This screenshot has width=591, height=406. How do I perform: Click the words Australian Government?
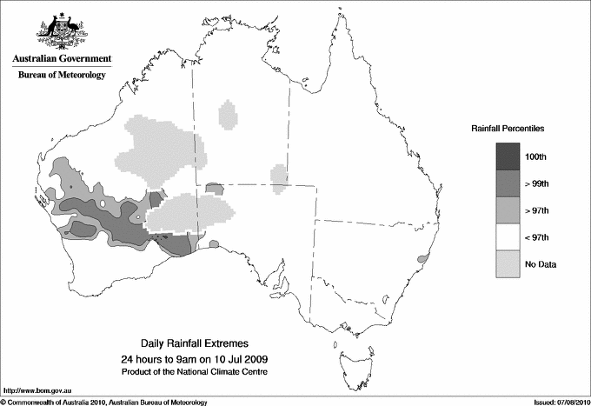[61, 59]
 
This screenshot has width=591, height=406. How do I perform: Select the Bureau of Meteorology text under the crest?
[61, 75]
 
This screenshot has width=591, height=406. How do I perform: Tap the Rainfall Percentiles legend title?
[508, 128]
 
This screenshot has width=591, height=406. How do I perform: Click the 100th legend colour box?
[508, 156]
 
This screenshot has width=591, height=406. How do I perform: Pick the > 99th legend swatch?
[508, 183]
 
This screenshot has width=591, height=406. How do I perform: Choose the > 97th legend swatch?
[508, 210]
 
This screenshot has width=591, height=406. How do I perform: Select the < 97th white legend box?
[508, 236]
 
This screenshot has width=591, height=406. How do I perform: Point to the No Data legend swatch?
[508, 263]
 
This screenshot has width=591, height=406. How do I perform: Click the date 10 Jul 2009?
[242, 359]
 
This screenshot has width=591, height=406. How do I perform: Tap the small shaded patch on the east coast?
[423, 258]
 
